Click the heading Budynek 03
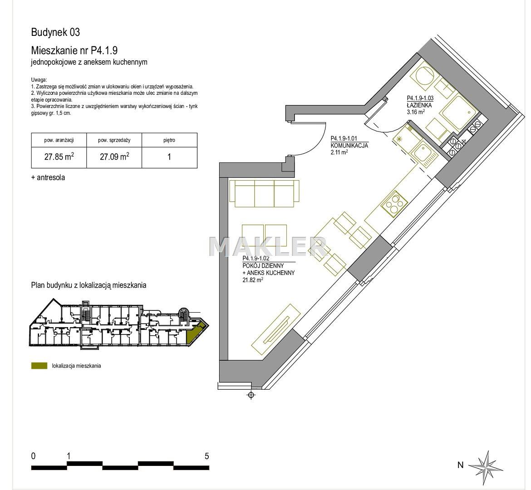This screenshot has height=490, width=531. (55, 32)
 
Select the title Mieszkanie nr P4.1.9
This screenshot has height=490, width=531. (74, 50)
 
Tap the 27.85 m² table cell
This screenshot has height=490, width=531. (59, 157)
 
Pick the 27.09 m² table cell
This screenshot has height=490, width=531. (114, 157)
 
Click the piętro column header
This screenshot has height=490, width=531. (169, 140)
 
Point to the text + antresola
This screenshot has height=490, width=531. (48, 177)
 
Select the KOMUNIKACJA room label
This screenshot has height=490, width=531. (349, 146)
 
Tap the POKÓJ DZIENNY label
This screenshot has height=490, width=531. (263, 266)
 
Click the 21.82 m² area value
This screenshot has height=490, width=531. (253, 280)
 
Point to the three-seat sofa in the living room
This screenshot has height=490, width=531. (264, 193)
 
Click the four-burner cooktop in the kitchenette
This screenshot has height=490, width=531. (393, 204)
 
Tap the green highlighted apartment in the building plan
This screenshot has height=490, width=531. (196, 333)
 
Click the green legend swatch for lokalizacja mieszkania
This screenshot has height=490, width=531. (39, 366)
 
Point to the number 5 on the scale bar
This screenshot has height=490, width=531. (206, 456)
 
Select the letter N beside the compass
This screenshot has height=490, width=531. (460, 465)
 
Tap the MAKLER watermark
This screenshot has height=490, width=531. (267, 246)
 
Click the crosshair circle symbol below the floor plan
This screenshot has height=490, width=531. (251, 395)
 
